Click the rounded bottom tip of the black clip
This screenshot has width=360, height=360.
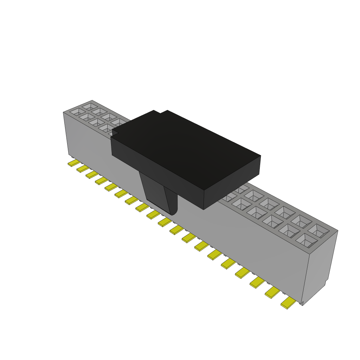click(173, 212)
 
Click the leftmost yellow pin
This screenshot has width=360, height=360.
click(74, 163)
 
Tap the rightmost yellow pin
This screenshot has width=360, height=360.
click(288, 303)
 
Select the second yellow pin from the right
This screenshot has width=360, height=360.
click(272, 292)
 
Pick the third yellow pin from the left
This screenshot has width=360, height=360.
click(92, 174)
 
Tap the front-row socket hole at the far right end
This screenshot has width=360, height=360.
click(306, 240)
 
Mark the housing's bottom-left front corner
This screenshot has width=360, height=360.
click(69, 155)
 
